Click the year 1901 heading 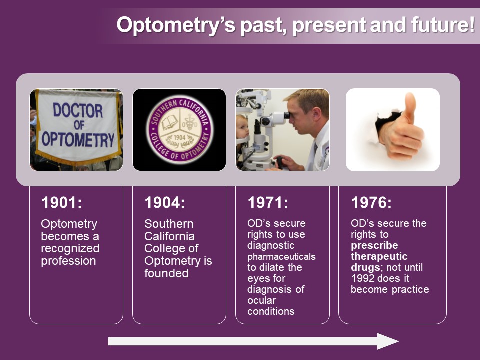pyautogui.click(x=62, y=202)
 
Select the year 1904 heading pyautogui.click(x=165, y=202)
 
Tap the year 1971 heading pyautogui.click(x=268, y=202)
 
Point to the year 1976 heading pyautogui.click(x=371, y=202)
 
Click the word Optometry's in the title pyautogui.click(x=176, y=25)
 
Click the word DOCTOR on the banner pyautogui.click(x=78, y=110)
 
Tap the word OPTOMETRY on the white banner pyautogui.click(x=78, y=140)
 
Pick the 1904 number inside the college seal pyautogui.click(x=179, y=138)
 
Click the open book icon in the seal pyautogui.click(x=170, y=123)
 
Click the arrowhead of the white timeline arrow pyautogui.click(x=388, y=341)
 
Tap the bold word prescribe pyautogui.click(x=374, y=245)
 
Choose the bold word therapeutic pyautogui.click(x=379, y=256)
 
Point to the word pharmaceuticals pyautogui.click(x=281, y=256)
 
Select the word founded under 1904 pyautogui.click(x=166, y=273)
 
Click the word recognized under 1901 pyautogui.click(x=70, y=249)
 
